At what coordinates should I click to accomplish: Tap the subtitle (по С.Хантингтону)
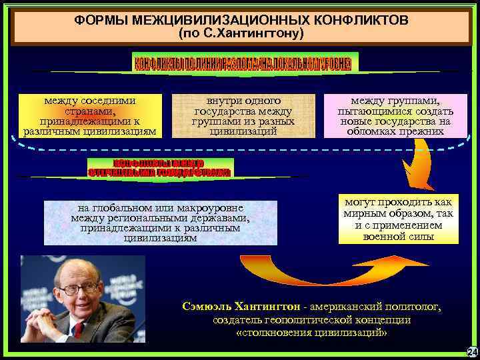pyautogui.click(x=241, y=33)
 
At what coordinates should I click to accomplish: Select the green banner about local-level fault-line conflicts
pyautogui.click(x=245, y=63)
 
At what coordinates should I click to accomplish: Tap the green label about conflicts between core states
pyautogui.click(x=159, y=167)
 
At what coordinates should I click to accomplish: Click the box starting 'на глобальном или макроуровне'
pyautogui.click(x=160, y=223)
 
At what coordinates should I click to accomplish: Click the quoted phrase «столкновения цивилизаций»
pyautogui.click(x=311, y=333)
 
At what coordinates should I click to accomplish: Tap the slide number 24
pyautogui.click(x=471, y=351)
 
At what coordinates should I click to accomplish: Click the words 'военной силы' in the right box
pyautogui.click(x=397, y=237)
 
